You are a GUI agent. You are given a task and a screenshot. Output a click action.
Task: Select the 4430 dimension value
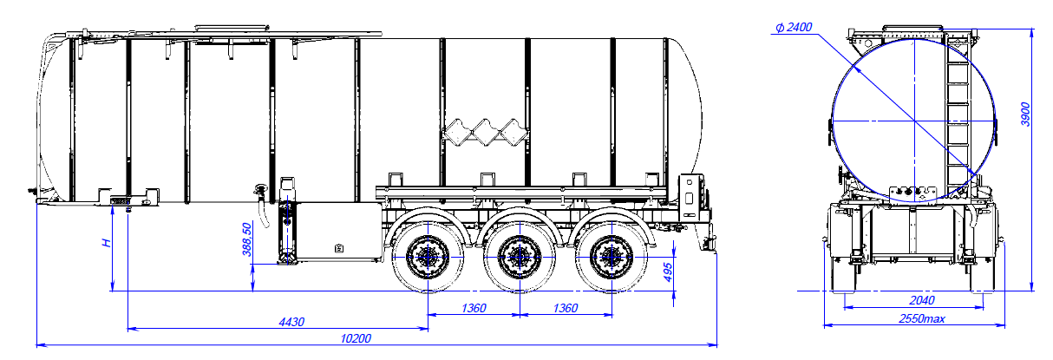291,323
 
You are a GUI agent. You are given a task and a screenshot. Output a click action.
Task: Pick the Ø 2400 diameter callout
794,28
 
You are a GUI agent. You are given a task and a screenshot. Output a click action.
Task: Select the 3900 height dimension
1024,114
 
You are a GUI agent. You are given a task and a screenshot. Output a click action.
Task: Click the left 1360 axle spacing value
473,308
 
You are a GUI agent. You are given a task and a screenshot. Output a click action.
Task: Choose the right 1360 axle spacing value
565,308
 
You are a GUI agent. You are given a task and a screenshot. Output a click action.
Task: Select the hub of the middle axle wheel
519,256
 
